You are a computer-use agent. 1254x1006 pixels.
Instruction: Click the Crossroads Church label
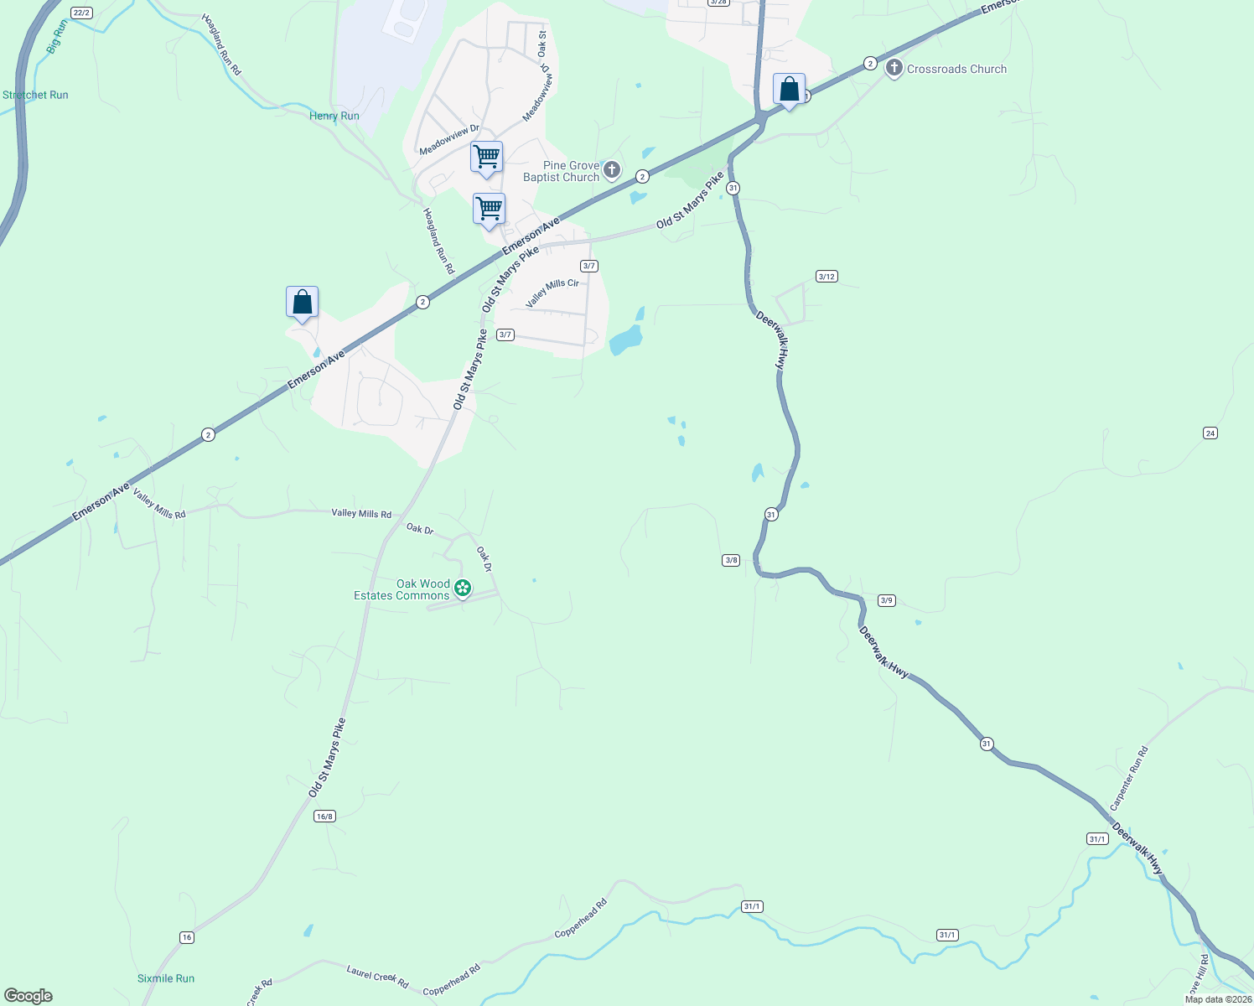click(x=956, y=70)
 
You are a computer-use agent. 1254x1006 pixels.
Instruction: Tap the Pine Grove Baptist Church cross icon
click(x=612, y=171)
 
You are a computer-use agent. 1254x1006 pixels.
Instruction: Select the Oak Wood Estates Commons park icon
click(x=462, y=589)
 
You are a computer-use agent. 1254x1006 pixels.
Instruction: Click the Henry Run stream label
click(x=334, y=116)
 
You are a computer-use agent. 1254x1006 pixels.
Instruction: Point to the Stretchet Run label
click(x=35, y=95)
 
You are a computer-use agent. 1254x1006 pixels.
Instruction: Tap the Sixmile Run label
click(x=166, y=978)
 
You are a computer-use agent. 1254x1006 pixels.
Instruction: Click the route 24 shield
click(x=1210, y=433)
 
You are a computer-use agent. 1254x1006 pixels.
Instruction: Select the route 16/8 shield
click(x=324, y=816)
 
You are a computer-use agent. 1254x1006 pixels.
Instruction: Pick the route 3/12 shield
click(x=826, y=276)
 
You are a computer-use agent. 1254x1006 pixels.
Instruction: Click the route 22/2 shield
click(x=81, y=13)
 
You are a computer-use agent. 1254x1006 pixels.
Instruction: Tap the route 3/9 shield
click(x=887, y=600)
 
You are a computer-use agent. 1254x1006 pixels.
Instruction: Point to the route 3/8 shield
click(x=731, y=560)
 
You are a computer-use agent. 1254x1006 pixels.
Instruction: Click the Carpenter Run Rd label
click(x=1128, y=778)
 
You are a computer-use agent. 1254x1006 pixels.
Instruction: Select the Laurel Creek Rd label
click(x=377, y=977)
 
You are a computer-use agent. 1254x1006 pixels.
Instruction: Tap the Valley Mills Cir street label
click(x=552, y=293)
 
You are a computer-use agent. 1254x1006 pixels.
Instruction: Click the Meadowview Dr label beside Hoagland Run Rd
click(x=449, y=140)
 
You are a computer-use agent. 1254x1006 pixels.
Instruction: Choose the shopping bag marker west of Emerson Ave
click(x=302, y=303)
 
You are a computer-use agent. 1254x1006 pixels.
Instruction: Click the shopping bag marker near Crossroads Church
click(x=789, y=90)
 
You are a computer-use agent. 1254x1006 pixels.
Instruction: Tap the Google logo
click(x=28, y=996)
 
